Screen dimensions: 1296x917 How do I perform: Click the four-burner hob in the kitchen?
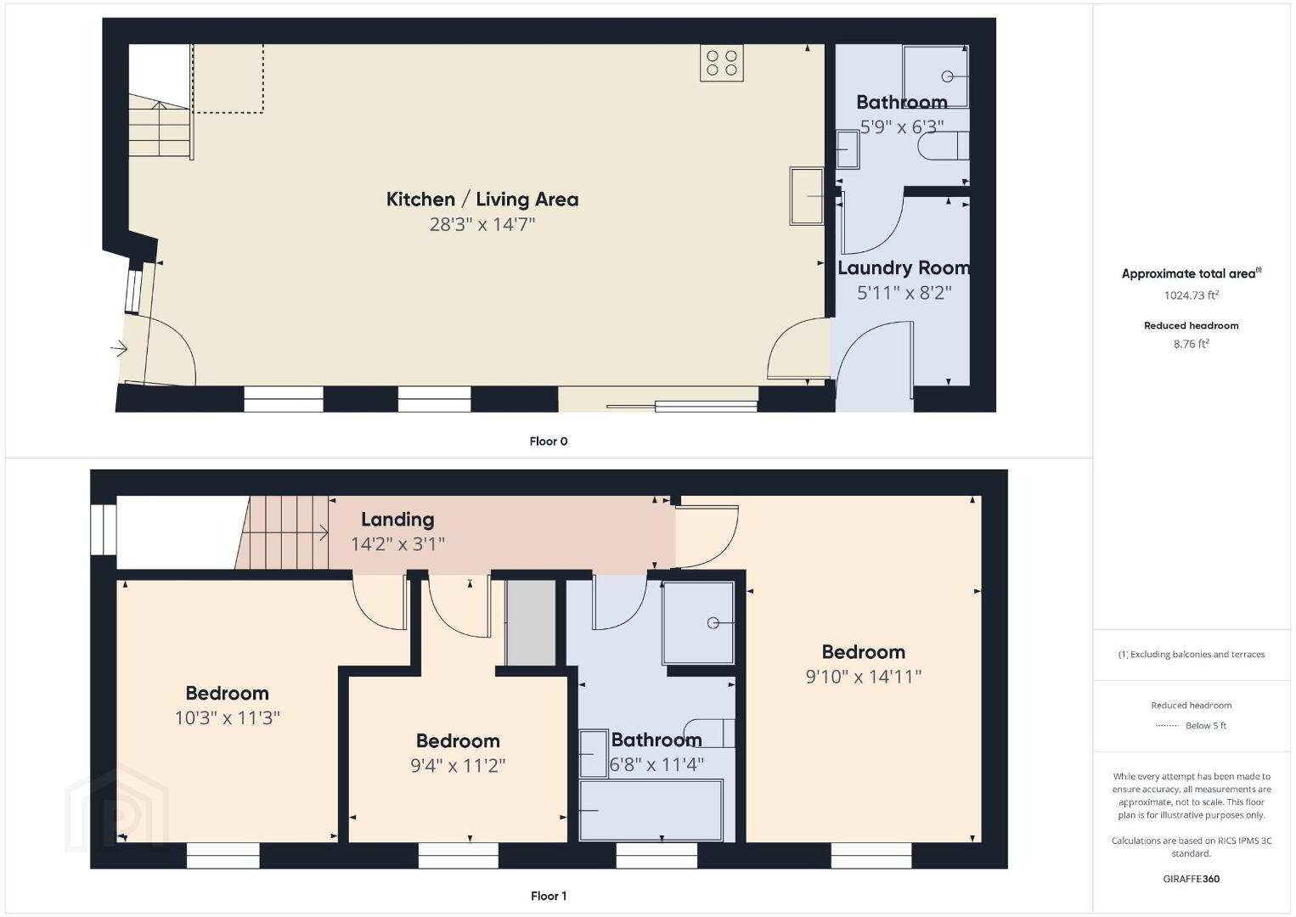[x=722, y=63]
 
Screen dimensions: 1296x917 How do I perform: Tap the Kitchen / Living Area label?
[x=482, y=200]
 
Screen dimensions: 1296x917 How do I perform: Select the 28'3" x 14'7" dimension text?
[x=482, y=224]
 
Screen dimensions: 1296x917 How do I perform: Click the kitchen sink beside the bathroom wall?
[x=807, y=196]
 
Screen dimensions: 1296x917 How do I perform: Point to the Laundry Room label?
[x=904, y=267]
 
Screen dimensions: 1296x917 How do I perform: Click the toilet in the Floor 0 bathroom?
[x=943, y=146]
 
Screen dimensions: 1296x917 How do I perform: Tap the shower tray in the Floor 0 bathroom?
[x=936, y=76]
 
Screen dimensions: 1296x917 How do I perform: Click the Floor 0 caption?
[x=549, y=442]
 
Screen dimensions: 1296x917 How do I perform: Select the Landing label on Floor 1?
[x=397, y=520]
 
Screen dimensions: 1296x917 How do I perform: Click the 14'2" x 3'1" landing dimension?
[x=397, y=544]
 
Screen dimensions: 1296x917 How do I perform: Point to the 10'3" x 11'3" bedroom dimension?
[x=228, y=718]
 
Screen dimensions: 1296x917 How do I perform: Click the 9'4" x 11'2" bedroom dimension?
[x=458, y=766]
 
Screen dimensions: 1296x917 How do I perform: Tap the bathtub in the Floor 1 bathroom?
[x=651, y=810]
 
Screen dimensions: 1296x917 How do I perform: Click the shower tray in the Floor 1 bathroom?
[x=698, y=622]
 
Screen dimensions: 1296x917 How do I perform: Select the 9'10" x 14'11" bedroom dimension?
[x=863, y=677]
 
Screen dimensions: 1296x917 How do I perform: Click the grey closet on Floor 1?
[x=531, y=622]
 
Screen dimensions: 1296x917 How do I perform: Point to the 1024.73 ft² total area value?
[x=1192, y=295]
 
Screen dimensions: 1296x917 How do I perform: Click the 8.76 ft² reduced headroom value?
[x=1192, y=344]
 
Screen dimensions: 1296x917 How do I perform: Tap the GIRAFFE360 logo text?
[x=1192, y=879]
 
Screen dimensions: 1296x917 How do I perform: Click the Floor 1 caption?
[x=549, y=896]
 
